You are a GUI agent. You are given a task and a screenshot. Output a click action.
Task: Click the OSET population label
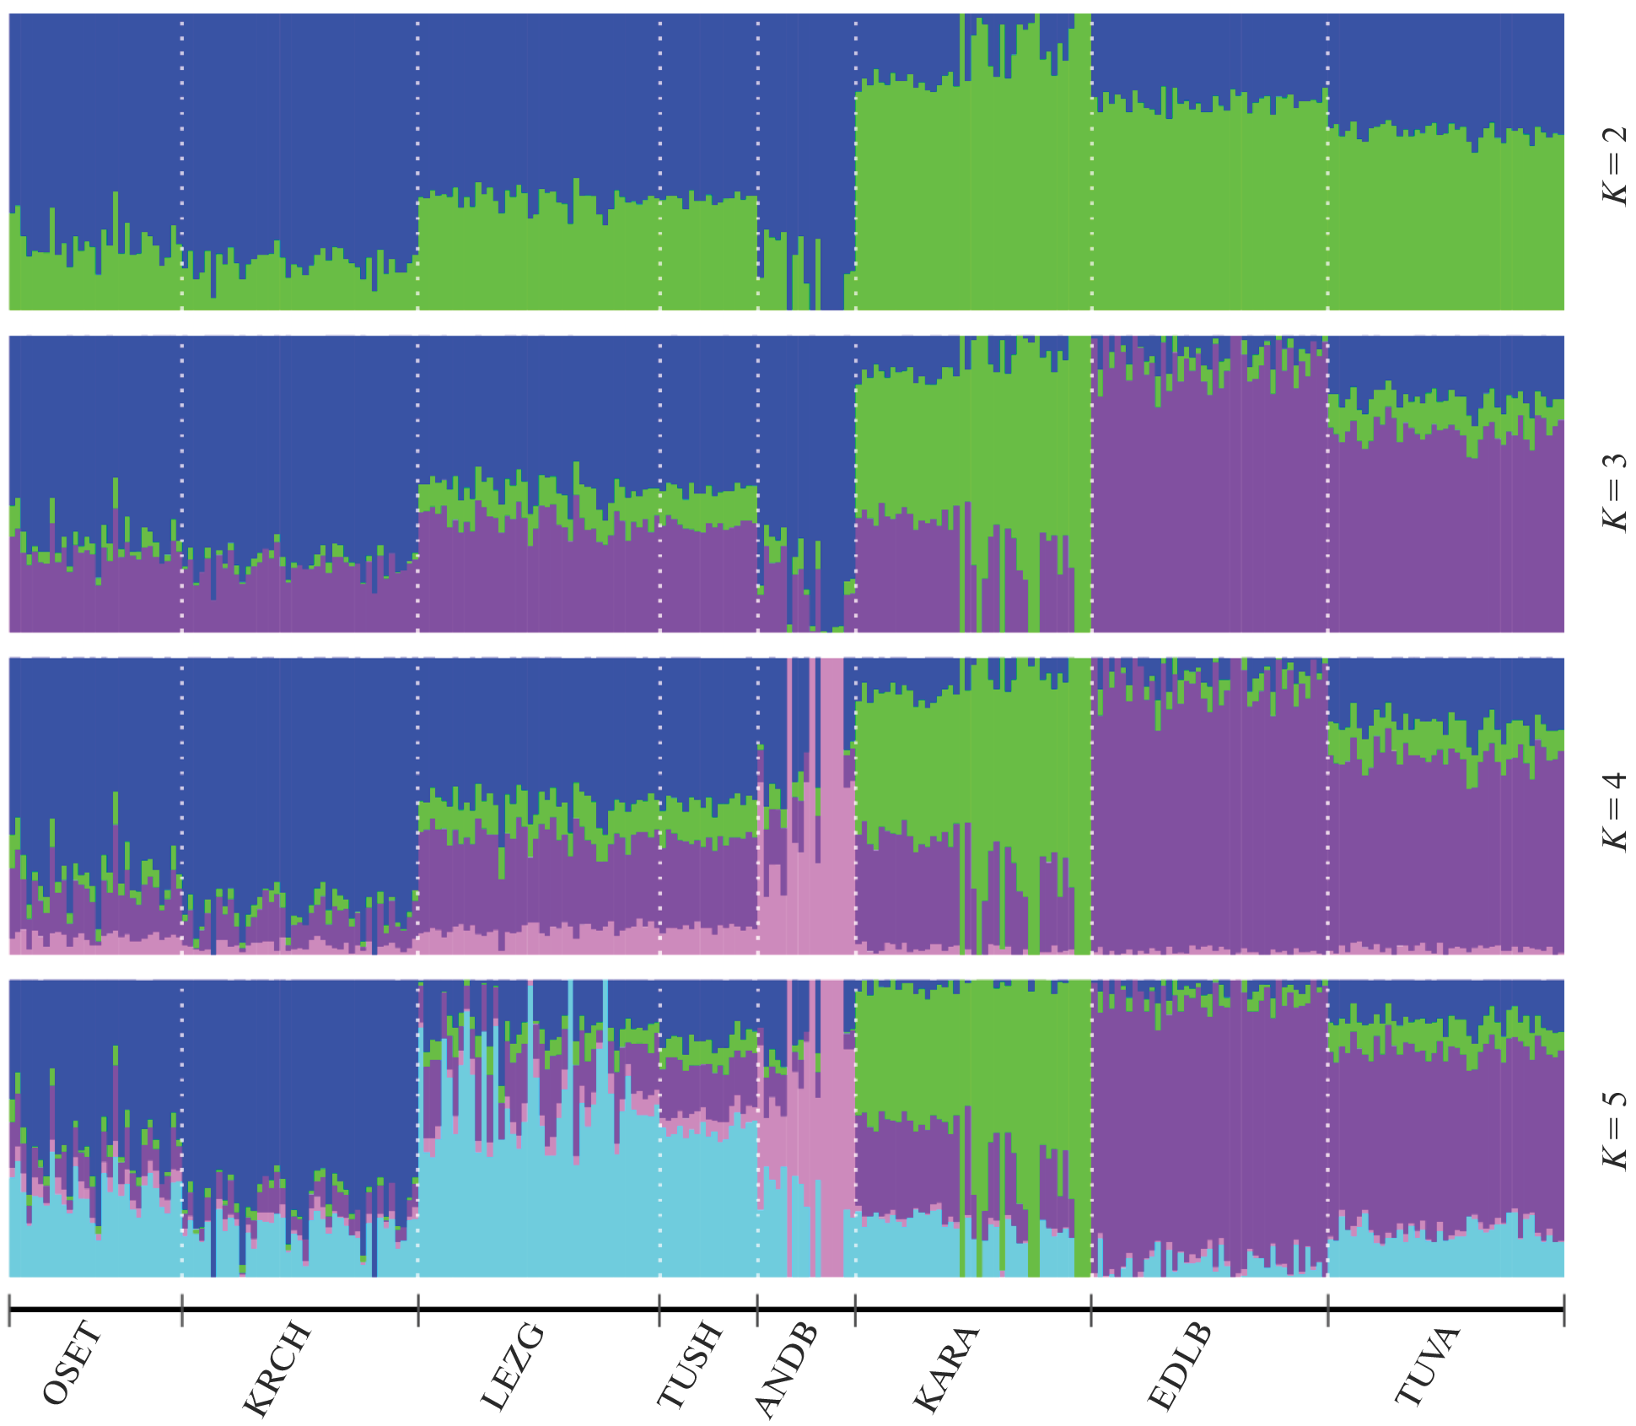(73, 1364)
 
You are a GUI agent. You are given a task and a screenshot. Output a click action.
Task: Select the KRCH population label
(277, 1369)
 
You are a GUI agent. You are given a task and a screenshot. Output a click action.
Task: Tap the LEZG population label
(513, 1366)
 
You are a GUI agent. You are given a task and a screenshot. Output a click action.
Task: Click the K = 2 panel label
(1614, 165)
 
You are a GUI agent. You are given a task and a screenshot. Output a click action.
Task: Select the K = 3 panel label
(1614, 492)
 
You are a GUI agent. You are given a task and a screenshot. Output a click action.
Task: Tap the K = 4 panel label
(1614, 811)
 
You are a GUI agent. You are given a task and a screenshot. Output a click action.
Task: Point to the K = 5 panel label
(1614, 1130)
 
